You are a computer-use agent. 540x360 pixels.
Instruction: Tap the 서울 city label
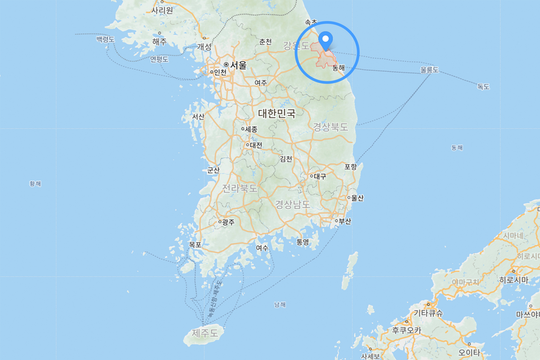click(238, 65)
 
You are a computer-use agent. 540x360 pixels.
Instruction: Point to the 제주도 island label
click(205, 333)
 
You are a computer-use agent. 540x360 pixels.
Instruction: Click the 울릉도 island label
click(429, 70)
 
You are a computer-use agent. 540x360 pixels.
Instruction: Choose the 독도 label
click(483, 87)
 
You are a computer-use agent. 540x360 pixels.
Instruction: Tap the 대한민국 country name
click(277, 113)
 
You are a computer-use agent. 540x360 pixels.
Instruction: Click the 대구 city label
click(320, 176)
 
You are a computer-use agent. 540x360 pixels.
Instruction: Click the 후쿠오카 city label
click(406, 330)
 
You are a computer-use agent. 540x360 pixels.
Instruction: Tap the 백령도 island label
click(105, 40)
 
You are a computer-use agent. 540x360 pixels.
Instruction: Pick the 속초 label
click(311, 22)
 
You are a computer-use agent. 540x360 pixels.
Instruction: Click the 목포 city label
click(195, 245)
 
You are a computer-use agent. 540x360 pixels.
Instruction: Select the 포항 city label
click(351, 167)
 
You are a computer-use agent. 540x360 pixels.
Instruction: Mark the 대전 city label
click(256, 145)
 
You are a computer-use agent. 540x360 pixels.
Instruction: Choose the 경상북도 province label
click(331, 127)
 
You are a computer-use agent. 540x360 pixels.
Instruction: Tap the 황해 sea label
click(35, 184)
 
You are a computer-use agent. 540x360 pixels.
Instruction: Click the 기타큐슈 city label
click(428, 313)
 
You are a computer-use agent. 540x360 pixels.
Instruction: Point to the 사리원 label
click(162, 10)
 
